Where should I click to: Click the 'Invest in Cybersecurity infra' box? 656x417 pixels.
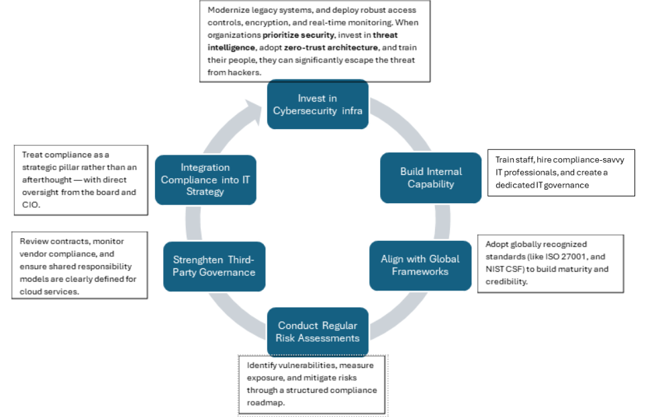pos(318,104)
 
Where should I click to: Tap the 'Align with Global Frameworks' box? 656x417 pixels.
pos(420,265)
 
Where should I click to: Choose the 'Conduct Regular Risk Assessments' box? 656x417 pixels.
pos(318,332)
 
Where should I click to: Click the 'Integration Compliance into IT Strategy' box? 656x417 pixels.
pos(205,180)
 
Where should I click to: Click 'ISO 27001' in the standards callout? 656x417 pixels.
pos(562,257)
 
